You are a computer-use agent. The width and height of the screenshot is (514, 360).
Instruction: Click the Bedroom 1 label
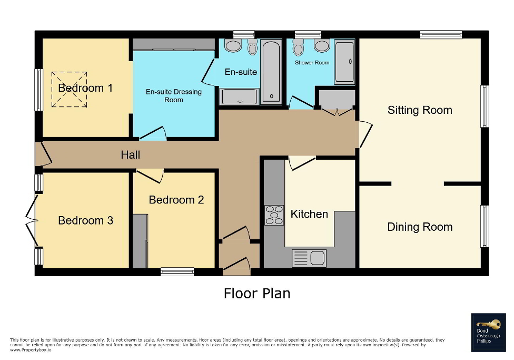85,88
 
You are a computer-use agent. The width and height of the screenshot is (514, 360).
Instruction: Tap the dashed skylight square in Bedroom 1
69,90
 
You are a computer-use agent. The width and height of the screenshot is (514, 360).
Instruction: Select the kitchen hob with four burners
274,215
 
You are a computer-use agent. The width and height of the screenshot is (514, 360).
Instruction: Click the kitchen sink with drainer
309,258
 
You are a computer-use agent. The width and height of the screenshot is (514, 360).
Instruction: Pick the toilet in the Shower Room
299,48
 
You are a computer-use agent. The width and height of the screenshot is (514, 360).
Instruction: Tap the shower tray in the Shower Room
345,62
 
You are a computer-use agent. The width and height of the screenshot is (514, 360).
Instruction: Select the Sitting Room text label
420,110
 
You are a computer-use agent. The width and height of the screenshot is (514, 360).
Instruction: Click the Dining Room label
420,227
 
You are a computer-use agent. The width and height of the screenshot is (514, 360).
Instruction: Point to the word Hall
131,154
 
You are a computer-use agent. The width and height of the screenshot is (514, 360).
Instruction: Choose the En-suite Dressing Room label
174,95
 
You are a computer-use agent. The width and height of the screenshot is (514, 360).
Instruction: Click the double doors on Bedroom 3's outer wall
32,220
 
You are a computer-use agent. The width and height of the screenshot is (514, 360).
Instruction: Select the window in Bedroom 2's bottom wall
177,271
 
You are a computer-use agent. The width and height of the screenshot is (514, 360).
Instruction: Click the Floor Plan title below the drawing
257,293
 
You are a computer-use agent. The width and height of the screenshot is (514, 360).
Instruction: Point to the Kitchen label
310,214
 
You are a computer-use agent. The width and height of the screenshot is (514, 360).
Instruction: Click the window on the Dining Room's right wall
485,226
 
